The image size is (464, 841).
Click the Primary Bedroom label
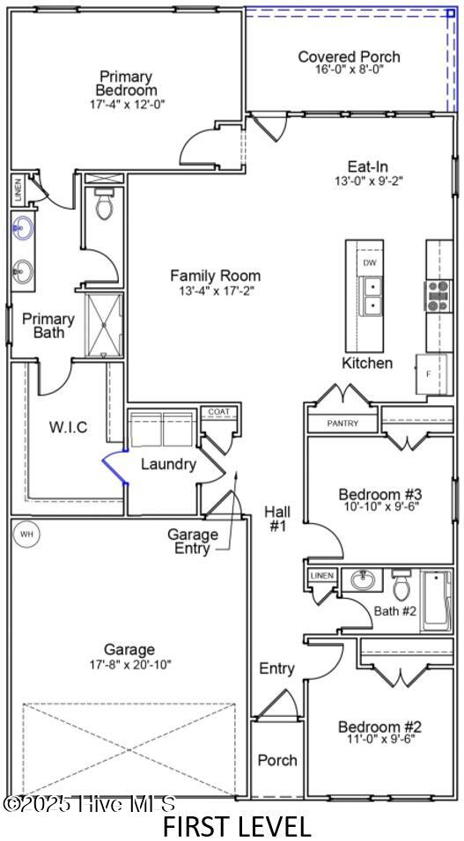pos(126,83)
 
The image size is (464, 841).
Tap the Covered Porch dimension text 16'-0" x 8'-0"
pos(349,70)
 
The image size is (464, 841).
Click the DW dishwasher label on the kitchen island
pos(370,262)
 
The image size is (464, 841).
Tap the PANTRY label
pos(342,424)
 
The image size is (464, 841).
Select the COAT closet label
pos(218,411)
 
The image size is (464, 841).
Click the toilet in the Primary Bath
pos(104,203)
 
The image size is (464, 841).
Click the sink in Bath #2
pos(362,579)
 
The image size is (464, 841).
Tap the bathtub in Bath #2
pos(437,600)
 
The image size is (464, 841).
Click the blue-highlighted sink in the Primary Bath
pos(23,228)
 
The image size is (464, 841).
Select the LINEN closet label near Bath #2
pos(323,576)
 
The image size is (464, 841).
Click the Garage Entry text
pos(193,542)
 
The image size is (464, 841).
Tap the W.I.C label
pos(68,427)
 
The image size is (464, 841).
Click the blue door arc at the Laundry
pos(114,467)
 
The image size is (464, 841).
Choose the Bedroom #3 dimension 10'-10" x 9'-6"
pos(379,505)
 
